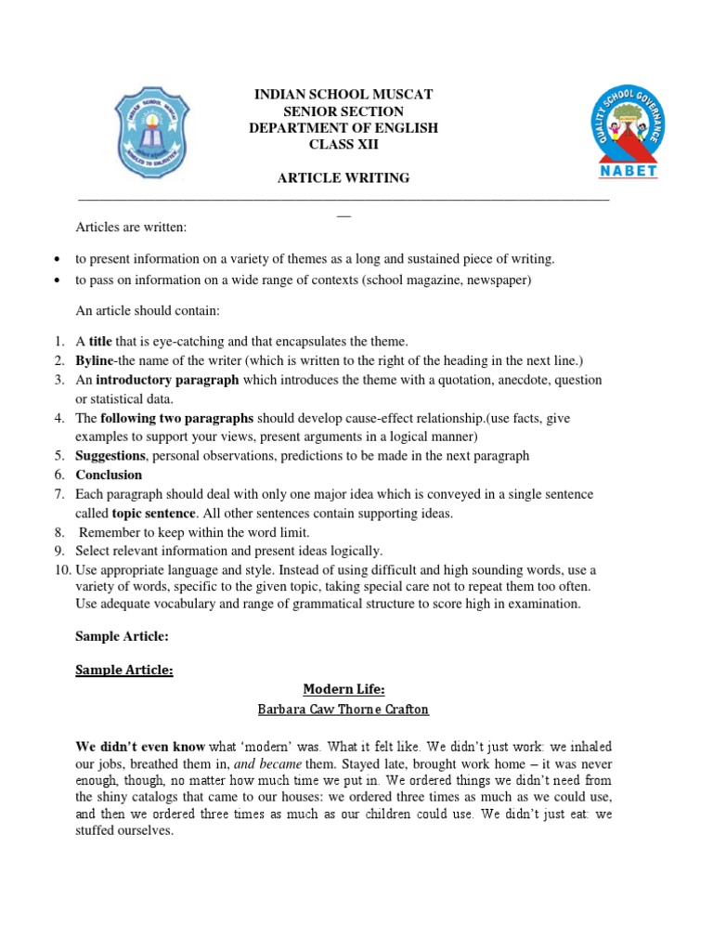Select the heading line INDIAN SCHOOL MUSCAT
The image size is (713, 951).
coord(344,95)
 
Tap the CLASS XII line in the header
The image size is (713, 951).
coord(344,145)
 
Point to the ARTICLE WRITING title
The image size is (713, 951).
coord(344,178)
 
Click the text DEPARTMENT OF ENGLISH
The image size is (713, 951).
coord(344,128)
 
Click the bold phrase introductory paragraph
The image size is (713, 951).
coord(167,380)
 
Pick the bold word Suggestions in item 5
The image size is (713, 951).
coord(110,456)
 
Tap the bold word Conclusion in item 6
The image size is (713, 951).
coord(109,475)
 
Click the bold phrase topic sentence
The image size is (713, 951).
coord(153,513)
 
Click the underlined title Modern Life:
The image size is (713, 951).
coord(344,689)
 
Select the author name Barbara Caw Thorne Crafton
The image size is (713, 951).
coord(344,710)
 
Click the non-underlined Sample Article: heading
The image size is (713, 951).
coord(120,637)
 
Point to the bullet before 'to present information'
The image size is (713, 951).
coord(58,259)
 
